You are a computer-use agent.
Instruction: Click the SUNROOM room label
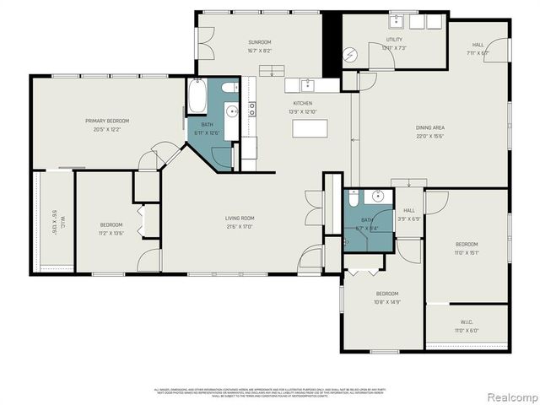click(x=259, y=42)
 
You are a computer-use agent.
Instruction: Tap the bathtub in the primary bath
click(x=197, y=97)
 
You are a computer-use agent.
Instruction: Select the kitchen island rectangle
click(x=310, y=128)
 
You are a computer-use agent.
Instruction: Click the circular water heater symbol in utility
click(x=351, y=53)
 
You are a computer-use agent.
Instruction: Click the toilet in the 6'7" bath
click(x=355, y=199)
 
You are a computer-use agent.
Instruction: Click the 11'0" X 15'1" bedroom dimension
click(x=467, y=251)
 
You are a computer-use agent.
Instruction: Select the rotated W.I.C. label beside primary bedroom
click(x=52, y=221)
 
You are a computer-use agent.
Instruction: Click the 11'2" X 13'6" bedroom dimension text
click(x=112, y=234)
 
